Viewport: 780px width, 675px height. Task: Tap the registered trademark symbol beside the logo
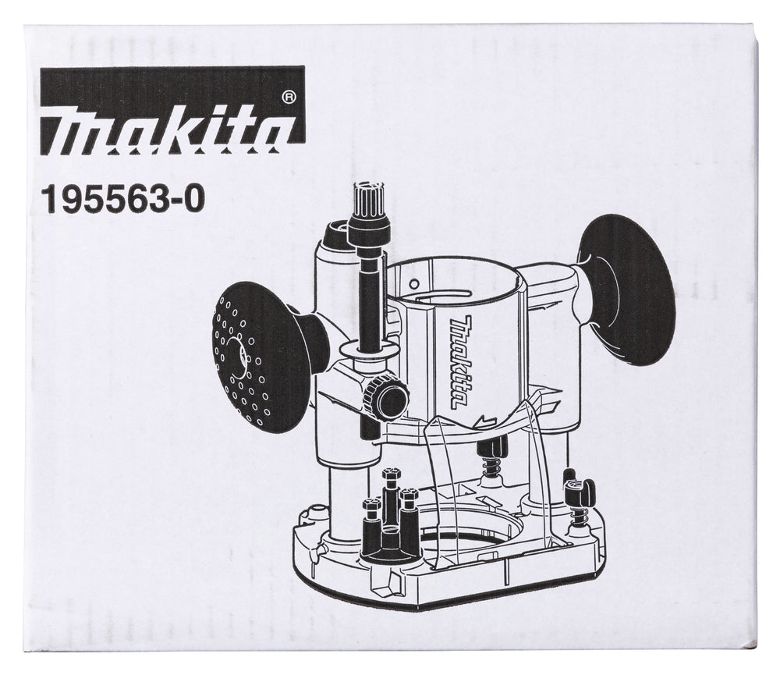pyautogui.click(x=288, y=98)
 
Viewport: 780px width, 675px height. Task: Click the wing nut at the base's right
pyautogui.click(x=580, y=491)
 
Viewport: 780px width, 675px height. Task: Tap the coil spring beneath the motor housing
pyautogui.click(x=491, y=465)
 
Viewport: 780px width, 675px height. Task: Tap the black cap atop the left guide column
pyautogui.click(x=338, y=229)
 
